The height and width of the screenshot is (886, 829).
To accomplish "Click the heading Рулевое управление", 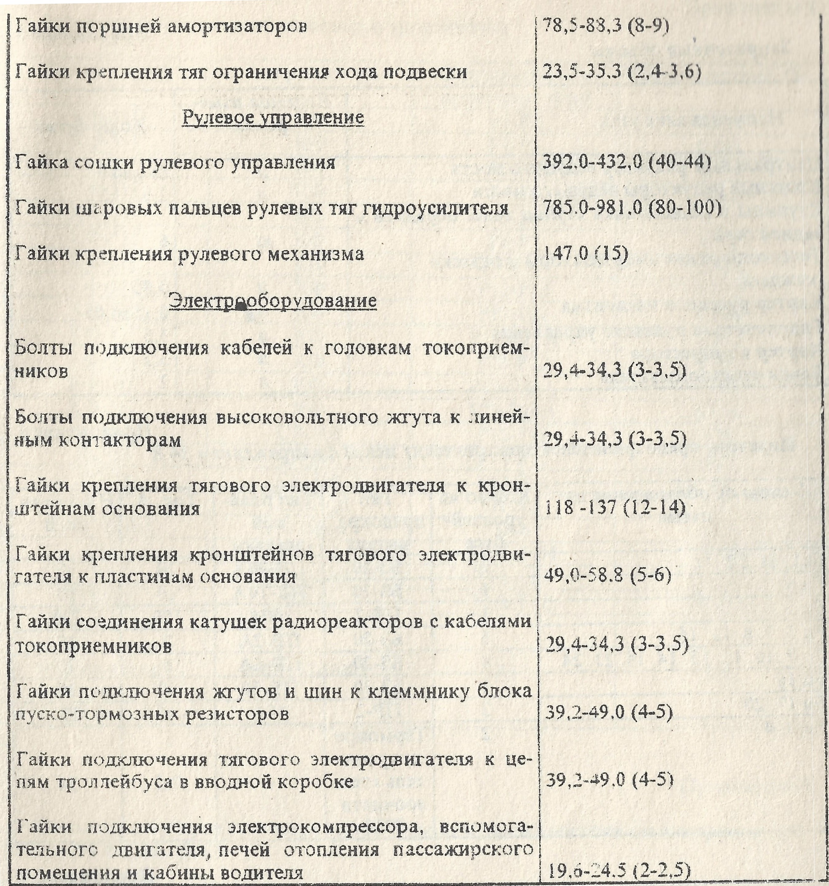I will pos(273,118).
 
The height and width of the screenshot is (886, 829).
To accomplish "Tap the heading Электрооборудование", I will pos(273,301).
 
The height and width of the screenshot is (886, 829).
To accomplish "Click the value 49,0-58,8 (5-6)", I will pos(607,576).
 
